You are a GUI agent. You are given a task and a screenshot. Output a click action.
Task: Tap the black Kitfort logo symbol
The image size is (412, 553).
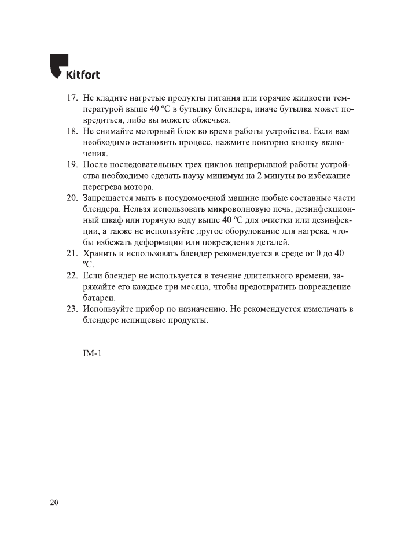point(58,65)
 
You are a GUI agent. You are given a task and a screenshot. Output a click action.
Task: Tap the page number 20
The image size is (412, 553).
point(53,502)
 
